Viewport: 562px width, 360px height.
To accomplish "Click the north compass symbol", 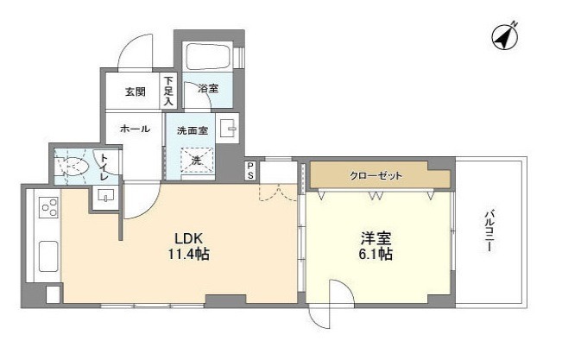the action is point(505,37).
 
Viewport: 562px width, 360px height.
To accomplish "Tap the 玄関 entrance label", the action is point(136,92).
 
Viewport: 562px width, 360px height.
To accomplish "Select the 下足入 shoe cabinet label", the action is point(168,91).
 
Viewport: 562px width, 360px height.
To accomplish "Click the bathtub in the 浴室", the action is point(207,57).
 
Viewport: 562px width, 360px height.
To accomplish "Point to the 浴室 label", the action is point(208,88).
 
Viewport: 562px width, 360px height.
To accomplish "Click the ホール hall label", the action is point(135,129).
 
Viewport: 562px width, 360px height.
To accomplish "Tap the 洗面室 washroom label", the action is point(193,131).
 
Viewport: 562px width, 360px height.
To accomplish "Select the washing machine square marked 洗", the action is point(197,161).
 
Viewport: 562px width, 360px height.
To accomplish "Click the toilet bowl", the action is point(73,166).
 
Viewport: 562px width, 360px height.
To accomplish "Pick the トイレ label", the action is point(104,167).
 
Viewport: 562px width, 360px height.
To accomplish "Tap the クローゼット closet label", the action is point(376,176).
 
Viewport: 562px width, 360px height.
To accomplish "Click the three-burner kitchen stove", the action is point(49,207).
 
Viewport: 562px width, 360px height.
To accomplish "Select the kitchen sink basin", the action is point(48,256).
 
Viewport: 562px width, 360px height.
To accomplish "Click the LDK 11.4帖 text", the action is point(189,246).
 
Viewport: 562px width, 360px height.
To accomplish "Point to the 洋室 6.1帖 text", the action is point(376,246).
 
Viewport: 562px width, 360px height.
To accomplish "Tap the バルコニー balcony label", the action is point(489,231).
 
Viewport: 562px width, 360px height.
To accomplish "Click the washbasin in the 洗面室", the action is point(227,128).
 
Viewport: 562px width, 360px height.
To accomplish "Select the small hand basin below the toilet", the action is point(105,197).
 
